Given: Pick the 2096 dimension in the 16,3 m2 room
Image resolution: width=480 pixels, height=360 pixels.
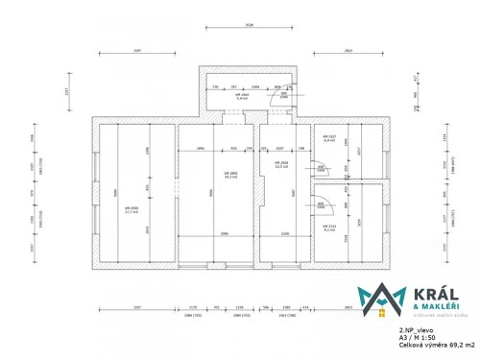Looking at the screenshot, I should [x=223, y=233].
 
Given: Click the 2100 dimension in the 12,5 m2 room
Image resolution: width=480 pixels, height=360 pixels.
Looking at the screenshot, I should [x=285, y=233].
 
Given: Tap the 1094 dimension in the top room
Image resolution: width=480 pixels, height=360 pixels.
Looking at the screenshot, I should [x=253, y=86].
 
